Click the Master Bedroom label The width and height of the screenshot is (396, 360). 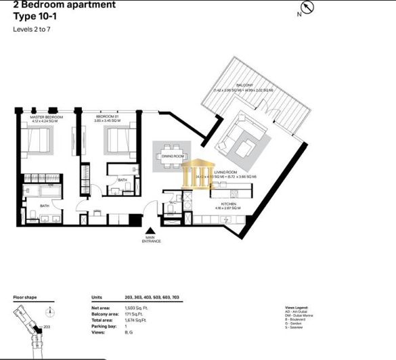(46, 117)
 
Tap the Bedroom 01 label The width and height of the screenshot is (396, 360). (107, 117)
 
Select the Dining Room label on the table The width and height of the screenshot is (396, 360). (173, 156)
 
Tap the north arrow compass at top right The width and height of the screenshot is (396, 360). (309, 8)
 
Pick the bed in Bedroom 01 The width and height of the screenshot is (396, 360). (114, 143)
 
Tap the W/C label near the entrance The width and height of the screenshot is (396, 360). (173, 201)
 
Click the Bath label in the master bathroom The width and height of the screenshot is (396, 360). (44, 206)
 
